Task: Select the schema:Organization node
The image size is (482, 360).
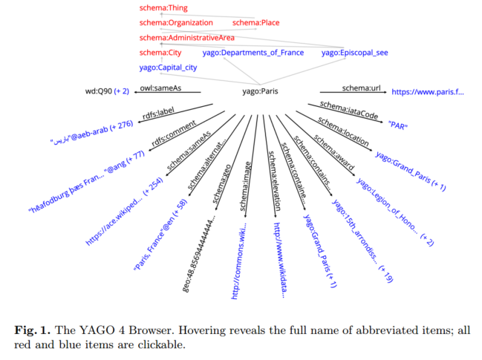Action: (x=176, y=23)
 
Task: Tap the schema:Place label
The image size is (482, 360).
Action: (x=255, y=23)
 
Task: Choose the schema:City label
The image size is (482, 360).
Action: (x=160, y=53)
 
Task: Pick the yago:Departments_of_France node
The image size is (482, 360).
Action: (x=253, y=53)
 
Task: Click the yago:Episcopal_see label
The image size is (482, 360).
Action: (x=354, y=53)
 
